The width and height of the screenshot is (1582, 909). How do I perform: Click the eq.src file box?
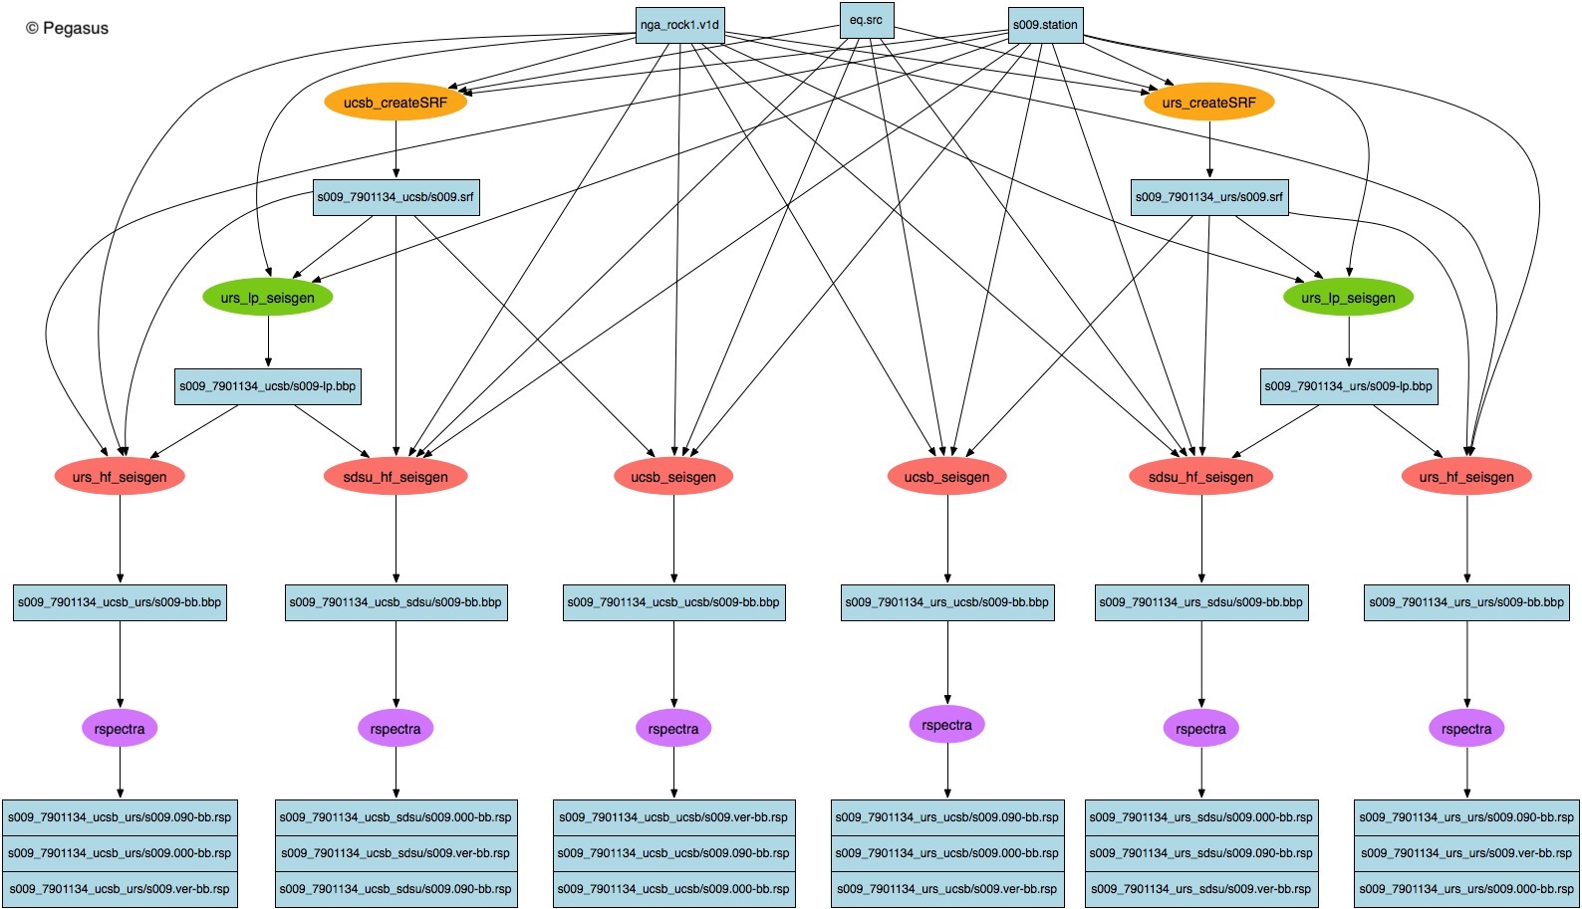click(866, 20)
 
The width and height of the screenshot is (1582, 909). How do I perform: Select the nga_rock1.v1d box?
click(679, 25)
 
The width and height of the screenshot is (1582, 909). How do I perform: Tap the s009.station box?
click(1045, 25)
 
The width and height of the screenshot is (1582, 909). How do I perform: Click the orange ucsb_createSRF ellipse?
click(395, 103)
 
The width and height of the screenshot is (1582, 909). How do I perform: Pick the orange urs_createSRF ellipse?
click(1209, 103)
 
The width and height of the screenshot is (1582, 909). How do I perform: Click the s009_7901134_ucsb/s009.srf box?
click(395, 197)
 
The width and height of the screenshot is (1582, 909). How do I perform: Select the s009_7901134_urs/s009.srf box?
click(1209, 197)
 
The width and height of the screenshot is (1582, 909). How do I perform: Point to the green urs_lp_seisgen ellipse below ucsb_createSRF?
click(267, 298)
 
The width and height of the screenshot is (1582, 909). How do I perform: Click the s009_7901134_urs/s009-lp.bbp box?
click(1348, 386)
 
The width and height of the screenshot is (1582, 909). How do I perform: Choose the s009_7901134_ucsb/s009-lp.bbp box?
click(267, 386)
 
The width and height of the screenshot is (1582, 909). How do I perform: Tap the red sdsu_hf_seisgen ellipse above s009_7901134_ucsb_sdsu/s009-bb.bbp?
click(395, 477)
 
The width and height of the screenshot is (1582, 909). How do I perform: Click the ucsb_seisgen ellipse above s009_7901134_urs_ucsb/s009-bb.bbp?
click(946, 477)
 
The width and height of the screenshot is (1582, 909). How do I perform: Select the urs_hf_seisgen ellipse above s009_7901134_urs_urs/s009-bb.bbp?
click(1466, 477)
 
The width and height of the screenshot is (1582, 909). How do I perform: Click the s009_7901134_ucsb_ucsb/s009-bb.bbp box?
click(673, 602)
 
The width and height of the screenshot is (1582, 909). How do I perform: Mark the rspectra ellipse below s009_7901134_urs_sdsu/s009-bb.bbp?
click(1200, 729)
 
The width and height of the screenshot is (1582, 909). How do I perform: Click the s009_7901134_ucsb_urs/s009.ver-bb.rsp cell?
click(120, 889)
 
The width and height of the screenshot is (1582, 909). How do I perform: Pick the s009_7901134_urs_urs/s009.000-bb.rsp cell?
click(1466, 889)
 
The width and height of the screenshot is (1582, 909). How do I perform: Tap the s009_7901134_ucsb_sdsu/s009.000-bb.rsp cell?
click(395, 817)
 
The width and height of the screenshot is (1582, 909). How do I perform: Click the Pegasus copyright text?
click(67, 29)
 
